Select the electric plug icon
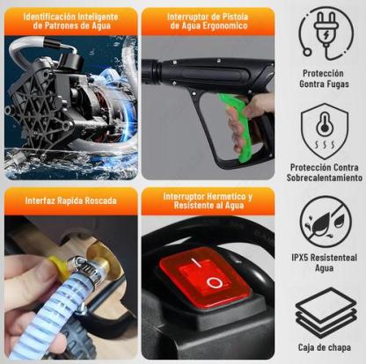[326, 33]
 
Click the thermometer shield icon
[325, 130]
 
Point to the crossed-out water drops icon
[326, 222]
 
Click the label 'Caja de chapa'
[325, 347]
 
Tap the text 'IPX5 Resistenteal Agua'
[325, 263]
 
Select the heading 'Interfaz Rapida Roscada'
[70, 200]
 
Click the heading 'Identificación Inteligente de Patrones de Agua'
[70, 21]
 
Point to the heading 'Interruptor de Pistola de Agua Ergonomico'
[208, 21]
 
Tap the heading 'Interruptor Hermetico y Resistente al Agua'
[208, 200]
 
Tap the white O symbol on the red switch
[215, 282]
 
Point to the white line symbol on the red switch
[195, 262]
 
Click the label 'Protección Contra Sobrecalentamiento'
[325, 172]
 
